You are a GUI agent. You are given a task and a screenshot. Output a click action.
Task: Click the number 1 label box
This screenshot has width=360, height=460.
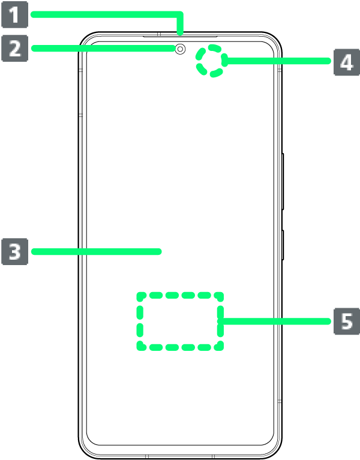[x=14, y=14]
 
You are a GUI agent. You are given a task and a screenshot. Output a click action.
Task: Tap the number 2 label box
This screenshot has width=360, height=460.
[x=14, y=48]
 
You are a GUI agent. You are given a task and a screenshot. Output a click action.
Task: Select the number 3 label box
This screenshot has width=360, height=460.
[x=14, y=252]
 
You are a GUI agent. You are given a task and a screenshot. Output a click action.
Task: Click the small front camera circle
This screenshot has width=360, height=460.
[x=180, y=49]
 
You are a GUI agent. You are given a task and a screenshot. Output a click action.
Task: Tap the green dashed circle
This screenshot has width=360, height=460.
[x=210, y=61]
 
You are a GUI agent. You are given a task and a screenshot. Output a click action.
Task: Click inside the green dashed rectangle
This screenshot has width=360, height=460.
[x=180, y=321]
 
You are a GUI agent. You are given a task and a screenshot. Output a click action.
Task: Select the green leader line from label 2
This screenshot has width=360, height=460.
[x=102, y=48]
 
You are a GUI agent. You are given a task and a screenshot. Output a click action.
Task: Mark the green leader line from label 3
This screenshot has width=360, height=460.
[x=96, y=252]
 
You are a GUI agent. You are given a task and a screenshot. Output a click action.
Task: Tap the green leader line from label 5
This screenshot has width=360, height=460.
[x=276, y=321]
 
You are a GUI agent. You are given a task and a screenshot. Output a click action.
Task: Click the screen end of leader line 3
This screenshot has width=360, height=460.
[x=160, y=252]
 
